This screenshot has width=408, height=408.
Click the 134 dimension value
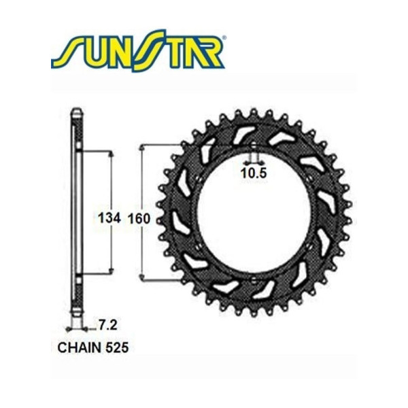(x=109, y=218)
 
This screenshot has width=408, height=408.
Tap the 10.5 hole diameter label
(x=253, y=174)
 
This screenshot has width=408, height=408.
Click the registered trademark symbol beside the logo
(x=225, y=40)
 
